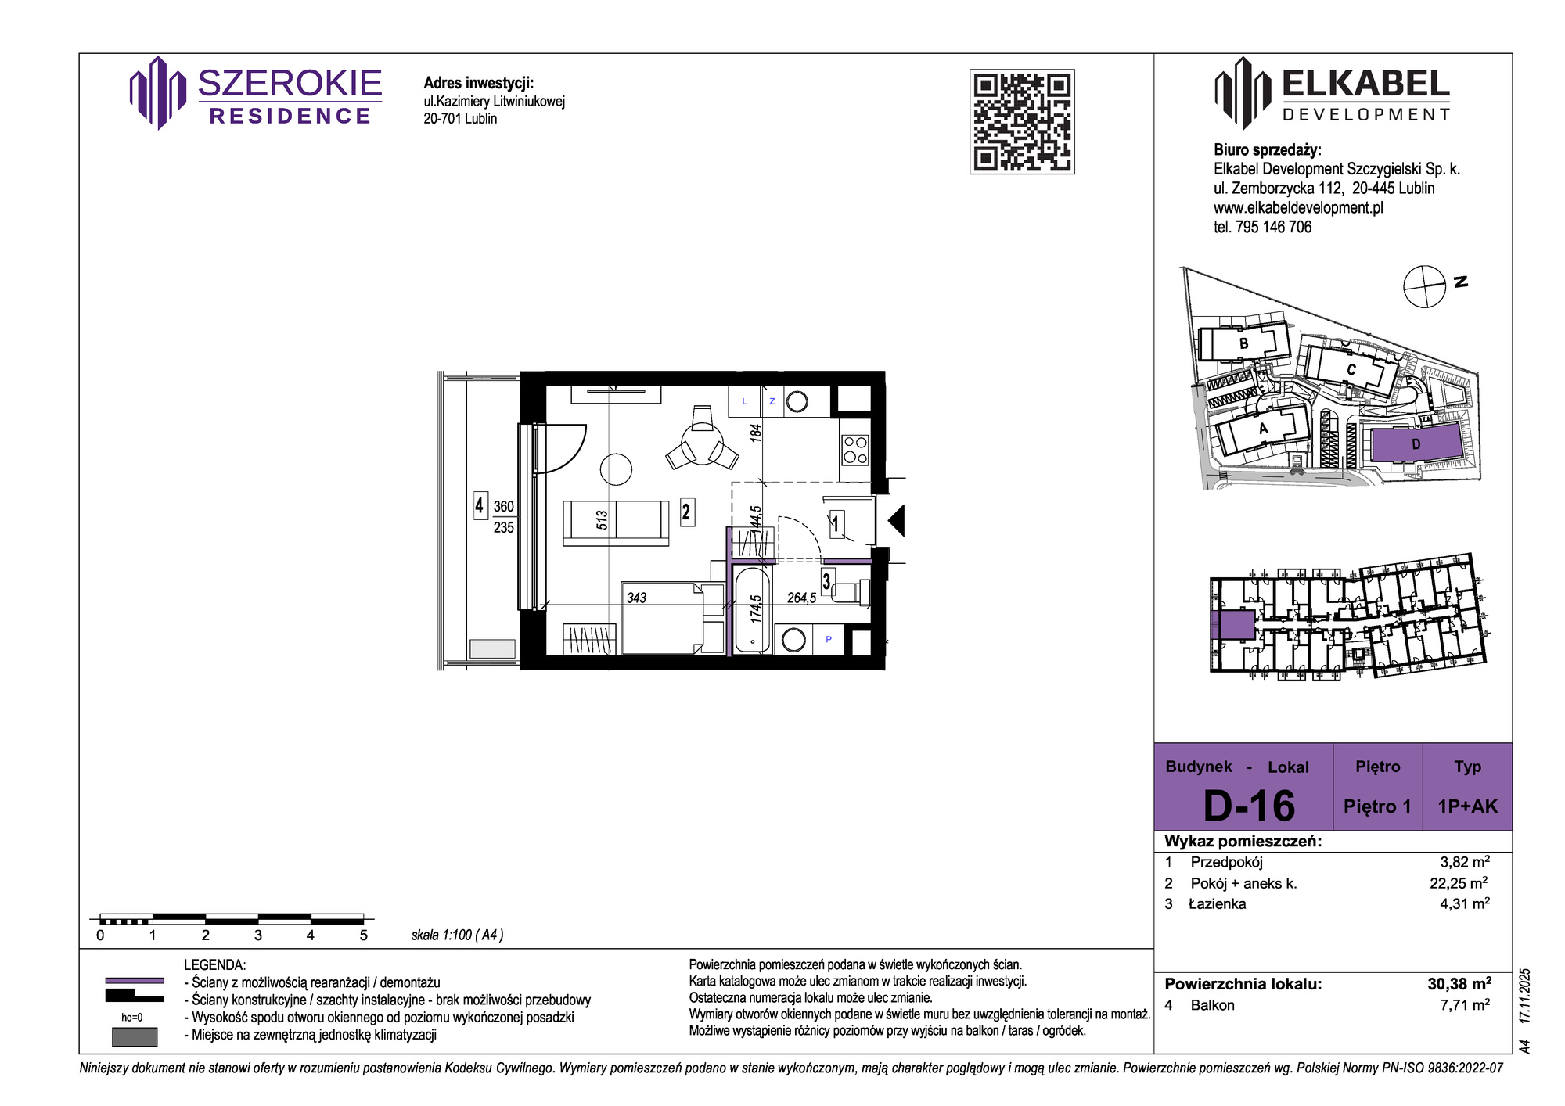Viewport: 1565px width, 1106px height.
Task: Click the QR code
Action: (1022, 121)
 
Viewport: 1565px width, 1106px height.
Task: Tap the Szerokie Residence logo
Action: (256, 93)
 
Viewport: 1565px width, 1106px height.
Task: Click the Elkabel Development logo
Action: (1332, 93)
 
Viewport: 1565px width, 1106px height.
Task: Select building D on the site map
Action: (1416, 444)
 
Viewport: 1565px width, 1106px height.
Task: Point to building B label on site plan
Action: (1244, 343)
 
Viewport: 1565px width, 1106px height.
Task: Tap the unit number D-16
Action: (1249, 806)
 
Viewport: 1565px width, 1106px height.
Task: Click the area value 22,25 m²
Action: (1459, 883)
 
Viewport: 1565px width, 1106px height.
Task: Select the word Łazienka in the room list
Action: (1217, 904)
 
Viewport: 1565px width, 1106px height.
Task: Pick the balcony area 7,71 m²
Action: (1465, 1005)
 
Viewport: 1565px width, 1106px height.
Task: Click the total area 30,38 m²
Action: (1459, 984)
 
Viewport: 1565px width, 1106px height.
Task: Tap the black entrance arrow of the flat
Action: (897, 520)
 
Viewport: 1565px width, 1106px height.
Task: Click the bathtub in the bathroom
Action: (753, 610)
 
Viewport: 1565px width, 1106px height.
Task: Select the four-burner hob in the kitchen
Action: (854, 450)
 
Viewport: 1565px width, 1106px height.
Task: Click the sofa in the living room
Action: (616, 522)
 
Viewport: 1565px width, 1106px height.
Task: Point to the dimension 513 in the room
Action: (602, 520)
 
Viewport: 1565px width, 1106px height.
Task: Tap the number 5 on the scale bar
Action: (363, 935)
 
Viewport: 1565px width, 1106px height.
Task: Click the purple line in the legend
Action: (135, 980)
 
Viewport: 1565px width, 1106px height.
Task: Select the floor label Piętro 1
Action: (1377, 806)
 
